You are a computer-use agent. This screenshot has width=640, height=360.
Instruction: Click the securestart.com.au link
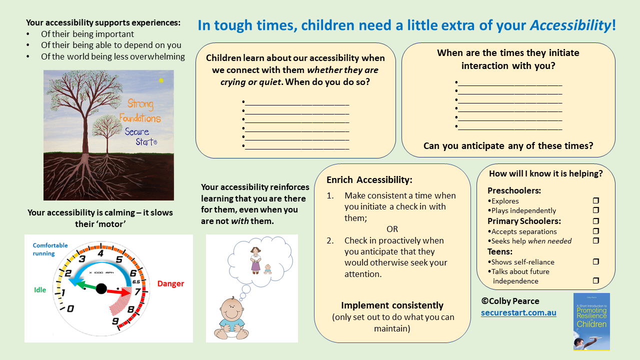click(x=518, y=313)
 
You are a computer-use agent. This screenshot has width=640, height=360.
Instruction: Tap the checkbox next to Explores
click(x=595, y=201)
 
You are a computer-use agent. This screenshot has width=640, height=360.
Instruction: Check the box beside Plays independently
click(x=595, y=210)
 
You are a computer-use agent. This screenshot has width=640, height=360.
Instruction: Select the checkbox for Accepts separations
click(x=595, y=231)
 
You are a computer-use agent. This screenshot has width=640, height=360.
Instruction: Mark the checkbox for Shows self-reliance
click(x=595, y=261)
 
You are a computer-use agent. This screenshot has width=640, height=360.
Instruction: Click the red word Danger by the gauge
click(x=170, y=283)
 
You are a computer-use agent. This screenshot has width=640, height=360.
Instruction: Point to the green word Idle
click(x=40, y=290)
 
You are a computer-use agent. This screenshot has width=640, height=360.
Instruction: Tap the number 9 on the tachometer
click(x=116, y=321)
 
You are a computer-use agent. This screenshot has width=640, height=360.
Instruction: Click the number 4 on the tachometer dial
click(x=100, y=253)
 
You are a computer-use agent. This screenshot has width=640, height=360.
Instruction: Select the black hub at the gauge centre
click(x=101, y=288)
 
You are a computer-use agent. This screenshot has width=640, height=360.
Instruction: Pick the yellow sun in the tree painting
click(x=161, y=80)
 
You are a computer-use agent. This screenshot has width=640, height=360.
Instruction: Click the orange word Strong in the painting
click(x=140, y=104)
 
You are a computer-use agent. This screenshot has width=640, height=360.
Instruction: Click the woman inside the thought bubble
click(x=255, y=259)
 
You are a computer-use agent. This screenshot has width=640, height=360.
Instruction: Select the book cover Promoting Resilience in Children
click(x=591, y=321)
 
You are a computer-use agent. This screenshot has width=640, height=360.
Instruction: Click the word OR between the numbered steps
click(x=392, y=229)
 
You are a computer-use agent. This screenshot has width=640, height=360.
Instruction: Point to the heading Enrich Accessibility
click(x=369, y=180)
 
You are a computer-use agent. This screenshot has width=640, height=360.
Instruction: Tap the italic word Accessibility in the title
click(x=570, y=25)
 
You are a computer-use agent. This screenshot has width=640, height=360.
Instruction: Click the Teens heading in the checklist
click(x=500, y=251)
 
